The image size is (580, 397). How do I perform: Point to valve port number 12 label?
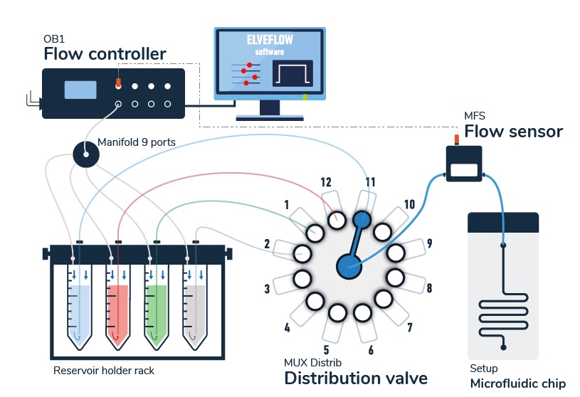[326, 182]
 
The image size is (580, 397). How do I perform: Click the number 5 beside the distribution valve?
[326, 349]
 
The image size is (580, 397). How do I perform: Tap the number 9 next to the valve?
[430, 243]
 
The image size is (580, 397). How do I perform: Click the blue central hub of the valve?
[348, 267]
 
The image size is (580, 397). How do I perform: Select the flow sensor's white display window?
[465, 169]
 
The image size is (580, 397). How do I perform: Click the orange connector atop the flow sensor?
[458, 137]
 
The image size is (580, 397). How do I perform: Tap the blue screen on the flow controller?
[80, 90]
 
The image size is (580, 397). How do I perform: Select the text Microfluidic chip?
[518, 383]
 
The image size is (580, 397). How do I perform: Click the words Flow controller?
[105, 53]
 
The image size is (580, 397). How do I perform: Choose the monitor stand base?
[270, 115]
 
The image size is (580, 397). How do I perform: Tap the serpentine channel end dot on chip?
[504, 347]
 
